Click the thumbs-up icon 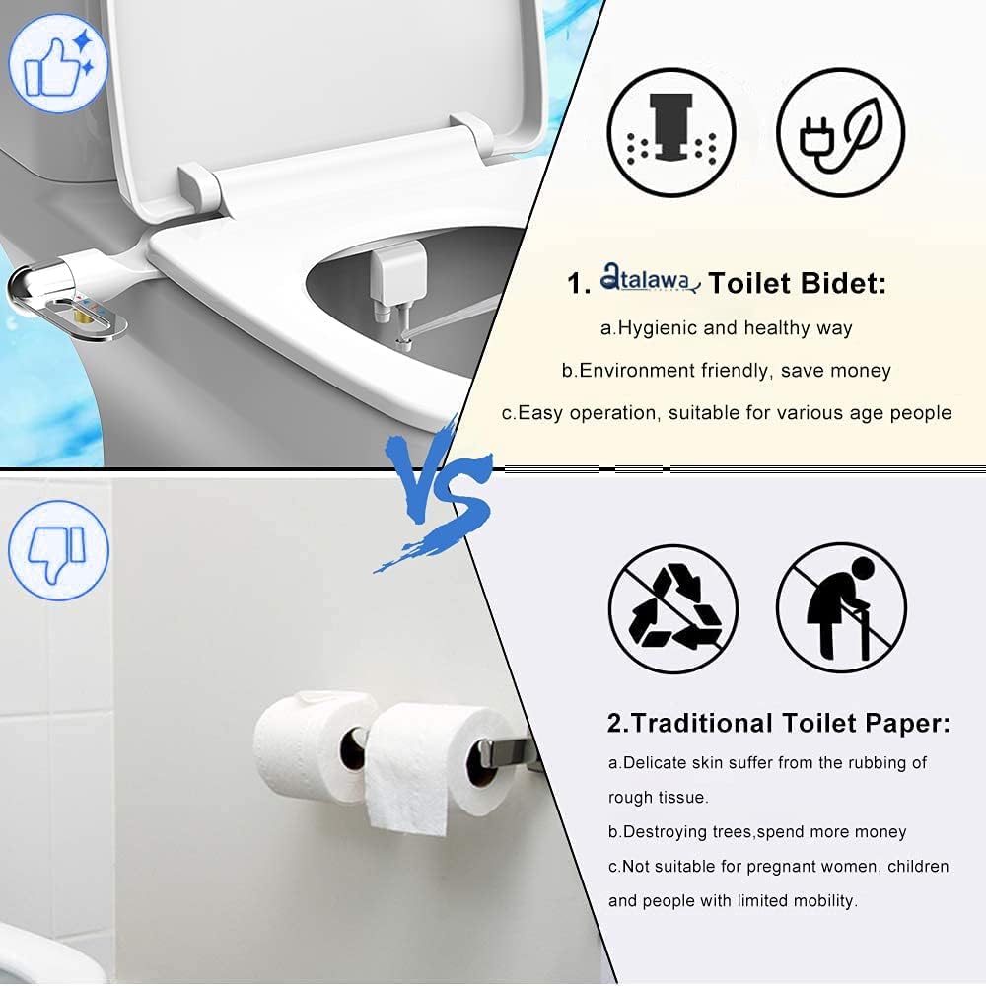58,60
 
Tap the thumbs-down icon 58,549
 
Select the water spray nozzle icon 671,131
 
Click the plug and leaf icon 841,131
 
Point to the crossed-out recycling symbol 673,608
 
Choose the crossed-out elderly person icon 841,608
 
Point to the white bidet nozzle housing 397,276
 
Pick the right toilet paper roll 439,759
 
